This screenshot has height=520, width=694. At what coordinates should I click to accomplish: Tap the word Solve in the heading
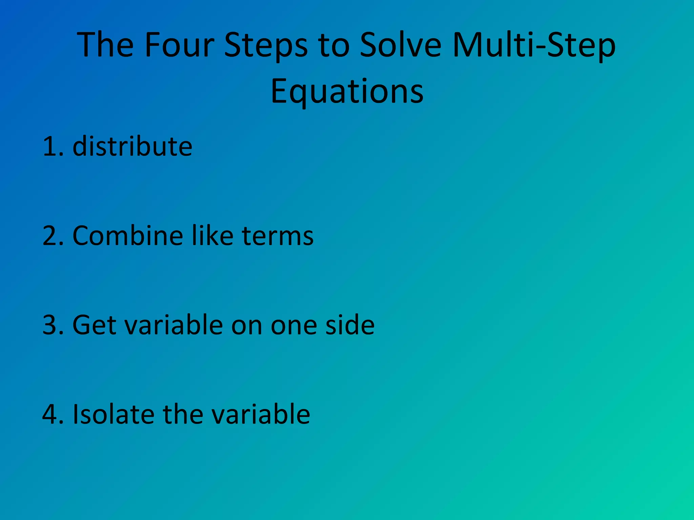tap(400, 45)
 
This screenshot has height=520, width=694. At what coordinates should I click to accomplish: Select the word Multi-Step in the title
tap(534, 45)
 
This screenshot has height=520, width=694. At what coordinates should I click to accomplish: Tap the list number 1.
tap(50, 147)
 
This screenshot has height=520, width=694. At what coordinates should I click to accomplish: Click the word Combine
tap(128, 236)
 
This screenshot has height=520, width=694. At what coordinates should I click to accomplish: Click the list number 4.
tap(50, 414)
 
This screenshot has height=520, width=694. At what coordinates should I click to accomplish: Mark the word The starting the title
tap(105, 45)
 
